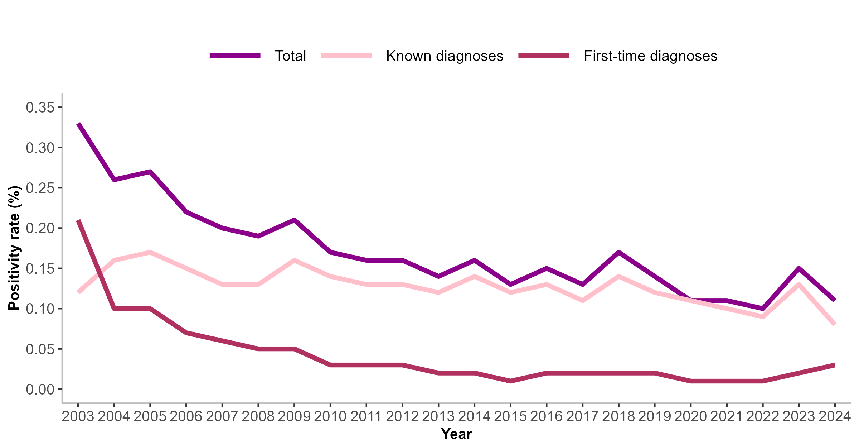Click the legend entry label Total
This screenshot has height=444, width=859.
pyautogui.click(x=290, y=56)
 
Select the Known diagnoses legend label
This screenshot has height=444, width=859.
pyautogui.click(x=445, y=56)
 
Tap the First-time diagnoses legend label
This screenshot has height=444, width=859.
pyautogui.click(x=650, y=56)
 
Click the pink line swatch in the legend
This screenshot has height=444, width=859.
pyautogui.click(x=346, y=56)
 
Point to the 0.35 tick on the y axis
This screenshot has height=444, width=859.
pyautogui.click(x=40, y=107)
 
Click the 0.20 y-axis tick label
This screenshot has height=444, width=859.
pyautogui.click(x=40, y=228)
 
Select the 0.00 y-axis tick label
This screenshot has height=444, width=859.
pyautogui.click(x=40, y=389)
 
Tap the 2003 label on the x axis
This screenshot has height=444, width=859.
pyautogui.click(x=78, y=417)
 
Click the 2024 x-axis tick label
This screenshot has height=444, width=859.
pyautogui.click(x=835, y=417)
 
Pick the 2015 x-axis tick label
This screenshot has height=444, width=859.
pyautogui.click(x=510, y=417)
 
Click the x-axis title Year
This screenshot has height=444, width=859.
pyautogui.click(x=456, y=434)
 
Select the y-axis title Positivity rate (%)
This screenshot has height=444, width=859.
pyautogui.click(x=14, y=248)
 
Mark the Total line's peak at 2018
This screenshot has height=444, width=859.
pyautogui.click(x=618, y=252)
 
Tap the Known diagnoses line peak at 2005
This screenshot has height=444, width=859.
pyautogui.click(x=150, y=252)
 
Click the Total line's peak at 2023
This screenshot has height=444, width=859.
pyautogui.click(x=799, y=268)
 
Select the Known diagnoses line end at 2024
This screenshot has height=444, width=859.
pyautogui.click(x=834, y=324)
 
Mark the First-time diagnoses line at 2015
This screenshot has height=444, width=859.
pyautogui.click(x=510, y=381)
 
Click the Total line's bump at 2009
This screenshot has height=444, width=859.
pyautogui.click(x=294, y=220)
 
